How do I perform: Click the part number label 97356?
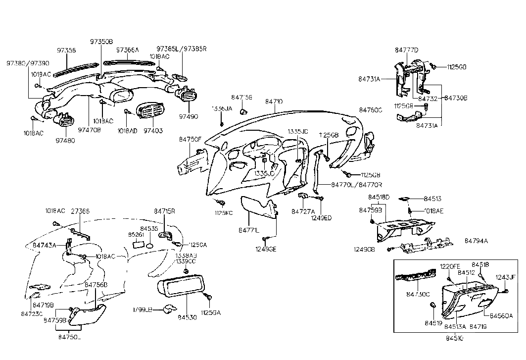click(x=66, y=51)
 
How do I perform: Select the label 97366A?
click(x=128, y=50)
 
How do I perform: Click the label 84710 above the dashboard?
click(x=274, y=101)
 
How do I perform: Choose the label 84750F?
click(x=191, y=140)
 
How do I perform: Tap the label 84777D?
click(x=407, y=50)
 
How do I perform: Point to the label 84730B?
click(x=456, y=99)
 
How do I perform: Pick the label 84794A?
click(x=476, y=241)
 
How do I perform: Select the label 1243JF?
click(x=506, y=278)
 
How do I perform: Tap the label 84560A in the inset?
click(x=502, y=315)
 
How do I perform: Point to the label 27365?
click(x=81, y=210)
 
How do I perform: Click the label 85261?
click(x=136, y=235)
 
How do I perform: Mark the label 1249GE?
click(x=266, y=249)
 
